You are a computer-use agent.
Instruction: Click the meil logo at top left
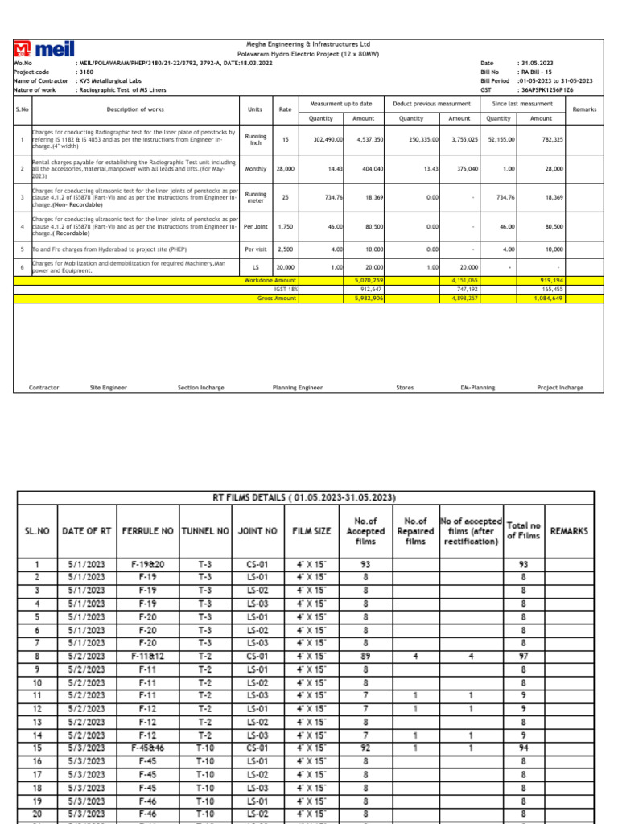39,49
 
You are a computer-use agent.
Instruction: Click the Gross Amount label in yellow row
274,297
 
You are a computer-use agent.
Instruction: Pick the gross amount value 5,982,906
369,297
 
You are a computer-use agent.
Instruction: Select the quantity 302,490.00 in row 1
328,139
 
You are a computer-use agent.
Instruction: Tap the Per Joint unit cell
256,228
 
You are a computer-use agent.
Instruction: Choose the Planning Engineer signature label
298,388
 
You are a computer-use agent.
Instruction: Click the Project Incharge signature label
560,388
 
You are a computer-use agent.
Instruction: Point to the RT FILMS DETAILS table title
309,497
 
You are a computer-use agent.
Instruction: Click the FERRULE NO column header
147,531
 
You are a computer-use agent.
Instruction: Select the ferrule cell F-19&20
147,564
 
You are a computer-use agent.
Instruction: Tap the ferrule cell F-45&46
147,748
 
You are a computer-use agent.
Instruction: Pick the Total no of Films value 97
523,656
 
